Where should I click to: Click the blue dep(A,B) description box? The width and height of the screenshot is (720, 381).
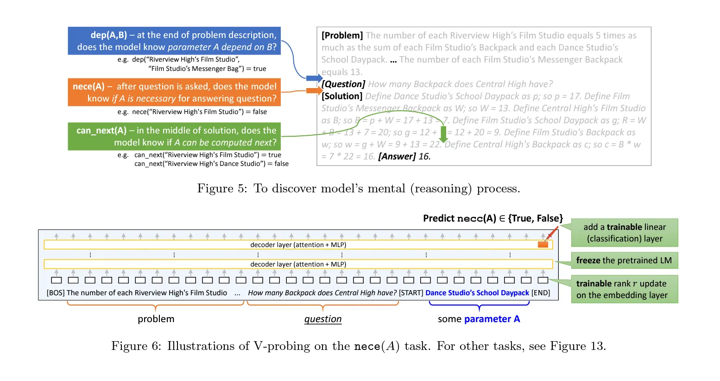pyautogui.click(x=174, y=41)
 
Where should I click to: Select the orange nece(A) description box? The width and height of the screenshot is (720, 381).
pyautogui.click(x=174, y=92)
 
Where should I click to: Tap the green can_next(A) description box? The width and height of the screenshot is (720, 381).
pyautogui.click(x=174, y=136)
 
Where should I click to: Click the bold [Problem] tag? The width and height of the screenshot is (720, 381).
pyautogui.click(x=342, y=36)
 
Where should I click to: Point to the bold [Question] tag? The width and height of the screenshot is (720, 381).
pyautogui.click(x=343, y=84)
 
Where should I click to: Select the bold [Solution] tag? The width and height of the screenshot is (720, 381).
pyautogui.click(x=342, y=96)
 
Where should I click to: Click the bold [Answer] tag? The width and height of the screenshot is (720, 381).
pyautogui.click(x=397, y=156)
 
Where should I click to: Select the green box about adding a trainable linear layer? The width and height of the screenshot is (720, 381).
pyautogui.click(x=624, y=233)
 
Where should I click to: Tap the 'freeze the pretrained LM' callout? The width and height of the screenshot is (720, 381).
pyautogui.click(x=624, y=260)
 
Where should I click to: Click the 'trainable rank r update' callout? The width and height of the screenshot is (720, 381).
pyautogui.click(x=624, y=289)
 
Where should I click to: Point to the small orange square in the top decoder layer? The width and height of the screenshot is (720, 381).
pyautogui.click(x=543, y=245)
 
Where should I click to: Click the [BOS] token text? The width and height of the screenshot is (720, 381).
pyautogui.click(x=56, y=293)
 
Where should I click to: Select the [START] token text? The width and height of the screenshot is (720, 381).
pyautogui.click(x=411, y=293)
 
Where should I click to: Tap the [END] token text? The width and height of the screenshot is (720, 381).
pyautogui.click(x=541, y=293)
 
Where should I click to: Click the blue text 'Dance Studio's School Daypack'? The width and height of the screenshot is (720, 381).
pyautogui.click(x=477, y=293)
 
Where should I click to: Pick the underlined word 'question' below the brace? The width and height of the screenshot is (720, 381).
pyautogui.click(x=323, y=319)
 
